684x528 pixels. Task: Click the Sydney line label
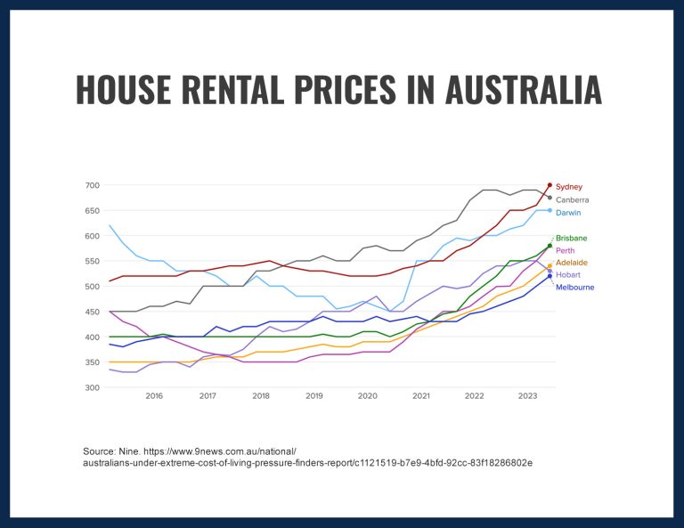pos(569,187)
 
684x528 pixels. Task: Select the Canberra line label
pos(573,200)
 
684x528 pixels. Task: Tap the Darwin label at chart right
pos(568,213)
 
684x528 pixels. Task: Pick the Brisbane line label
pos(572,239)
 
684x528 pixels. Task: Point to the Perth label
pos(566,251)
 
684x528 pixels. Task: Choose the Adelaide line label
pos(572,264)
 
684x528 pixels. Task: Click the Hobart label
pos(567,275)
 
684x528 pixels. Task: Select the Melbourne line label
pos(574,288)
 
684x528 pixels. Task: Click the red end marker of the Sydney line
pos(550,185)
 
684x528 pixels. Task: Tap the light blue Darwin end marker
pos(550,210)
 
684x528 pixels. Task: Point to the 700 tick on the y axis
pos(93,185)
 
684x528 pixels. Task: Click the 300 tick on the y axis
pos(93,387)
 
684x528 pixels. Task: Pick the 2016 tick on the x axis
pos(154,396)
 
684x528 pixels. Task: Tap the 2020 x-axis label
pos(367,396)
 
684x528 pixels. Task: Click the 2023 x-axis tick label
pos(527,396)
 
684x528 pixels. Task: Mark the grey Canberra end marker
pos(550,198)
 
